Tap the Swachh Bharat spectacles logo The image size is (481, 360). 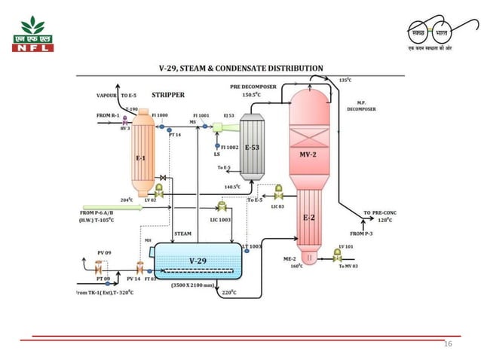[x=432, y=35]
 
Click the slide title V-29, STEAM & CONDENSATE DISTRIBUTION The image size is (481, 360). [x=240, y=68]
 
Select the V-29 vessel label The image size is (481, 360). [x=198, y=261]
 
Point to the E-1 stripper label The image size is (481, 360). [x=140, y=158]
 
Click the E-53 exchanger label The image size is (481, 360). [x=252, y=148]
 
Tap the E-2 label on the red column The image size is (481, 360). [x=308, y=218]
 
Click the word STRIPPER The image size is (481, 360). [x=168, y=96]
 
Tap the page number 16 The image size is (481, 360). [x=449, y=343]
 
